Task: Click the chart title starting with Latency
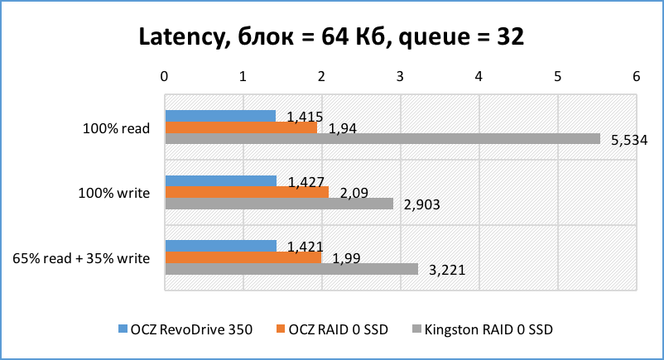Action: [x=331, y=37]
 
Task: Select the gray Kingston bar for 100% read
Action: [x=383, y=139]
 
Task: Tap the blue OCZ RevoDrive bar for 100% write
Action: [x=221, y=181]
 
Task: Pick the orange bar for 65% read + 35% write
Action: [x=243, y=257]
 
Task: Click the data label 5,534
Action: [x=628, y=140]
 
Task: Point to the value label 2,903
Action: [x=422, y=204]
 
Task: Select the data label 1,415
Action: [x=304, y=117]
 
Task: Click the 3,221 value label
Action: [x=448, y=270]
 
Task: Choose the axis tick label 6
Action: [x=636, y=77]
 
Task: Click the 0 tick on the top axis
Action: [x=166, y=77]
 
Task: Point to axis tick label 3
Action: [x=401, y=77]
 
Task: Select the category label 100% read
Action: [x=116, y=128]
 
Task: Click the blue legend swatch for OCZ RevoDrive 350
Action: [x=122, y=329]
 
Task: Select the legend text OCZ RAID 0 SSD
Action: [x=326, y=329]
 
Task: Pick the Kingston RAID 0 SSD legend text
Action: [x=488, y=329]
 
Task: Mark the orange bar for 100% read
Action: [x=241, y=128]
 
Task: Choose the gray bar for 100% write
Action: [x=279, y=204]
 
